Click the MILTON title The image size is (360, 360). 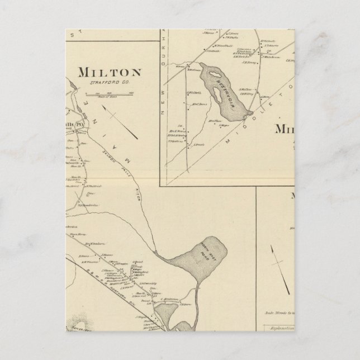[x=110, y=72]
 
